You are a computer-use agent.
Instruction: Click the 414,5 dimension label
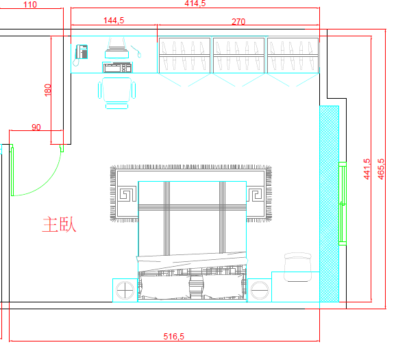pos(195,3)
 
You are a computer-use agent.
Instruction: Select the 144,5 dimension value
pos(114,20)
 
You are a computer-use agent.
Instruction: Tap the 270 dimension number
pos(238,22)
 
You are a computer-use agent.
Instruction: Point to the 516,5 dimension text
pos(174,337)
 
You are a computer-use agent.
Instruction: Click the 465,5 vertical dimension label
pos(381,169)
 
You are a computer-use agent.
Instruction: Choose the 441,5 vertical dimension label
pos(367,169)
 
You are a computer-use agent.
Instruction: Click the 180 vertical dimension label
pos(47,90)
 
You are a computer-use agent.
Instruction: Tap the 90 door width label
pos(36,127)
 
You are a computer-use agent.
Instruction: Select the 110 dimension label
pos(30,5)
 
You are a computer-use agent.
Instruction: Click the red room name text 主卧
pos(59,224)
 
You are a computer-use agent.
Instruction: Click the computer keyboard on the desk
pos(117,67)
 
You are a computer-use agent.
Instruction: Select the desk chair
pos(116,93)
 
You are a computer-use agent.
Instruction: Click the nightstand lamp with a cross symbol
pos(125,290)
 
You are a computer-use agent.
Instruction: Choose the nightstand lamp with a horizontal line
pos(260,290)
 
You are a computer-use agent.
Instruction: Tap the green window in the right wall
pos(343,204)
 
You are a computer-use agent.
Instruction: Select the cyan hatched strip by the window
pos(329,204)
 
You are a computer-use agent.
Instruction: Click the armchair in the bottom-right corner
pos(298,267)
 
